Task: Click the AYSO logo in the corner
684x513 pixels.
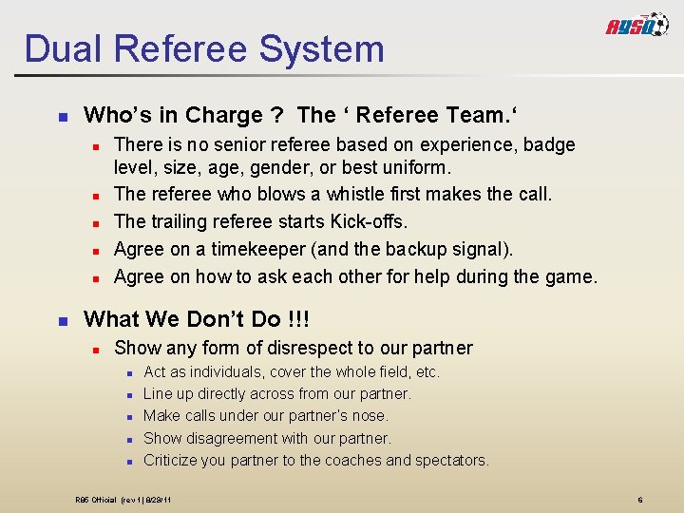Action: [x=637, y=26]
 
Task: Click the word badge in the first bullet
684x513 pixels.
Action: [x=546, y=145]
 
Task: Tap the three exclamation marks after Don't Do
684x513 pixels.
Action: [x=297, y=319]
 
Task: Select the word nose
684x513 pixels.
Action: [x=371, y=416]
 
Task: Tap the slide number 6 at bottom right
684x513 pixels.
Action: [x=640, y=500]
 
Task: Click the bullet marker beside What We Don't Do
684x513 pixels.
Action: [x=63, y=320]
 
